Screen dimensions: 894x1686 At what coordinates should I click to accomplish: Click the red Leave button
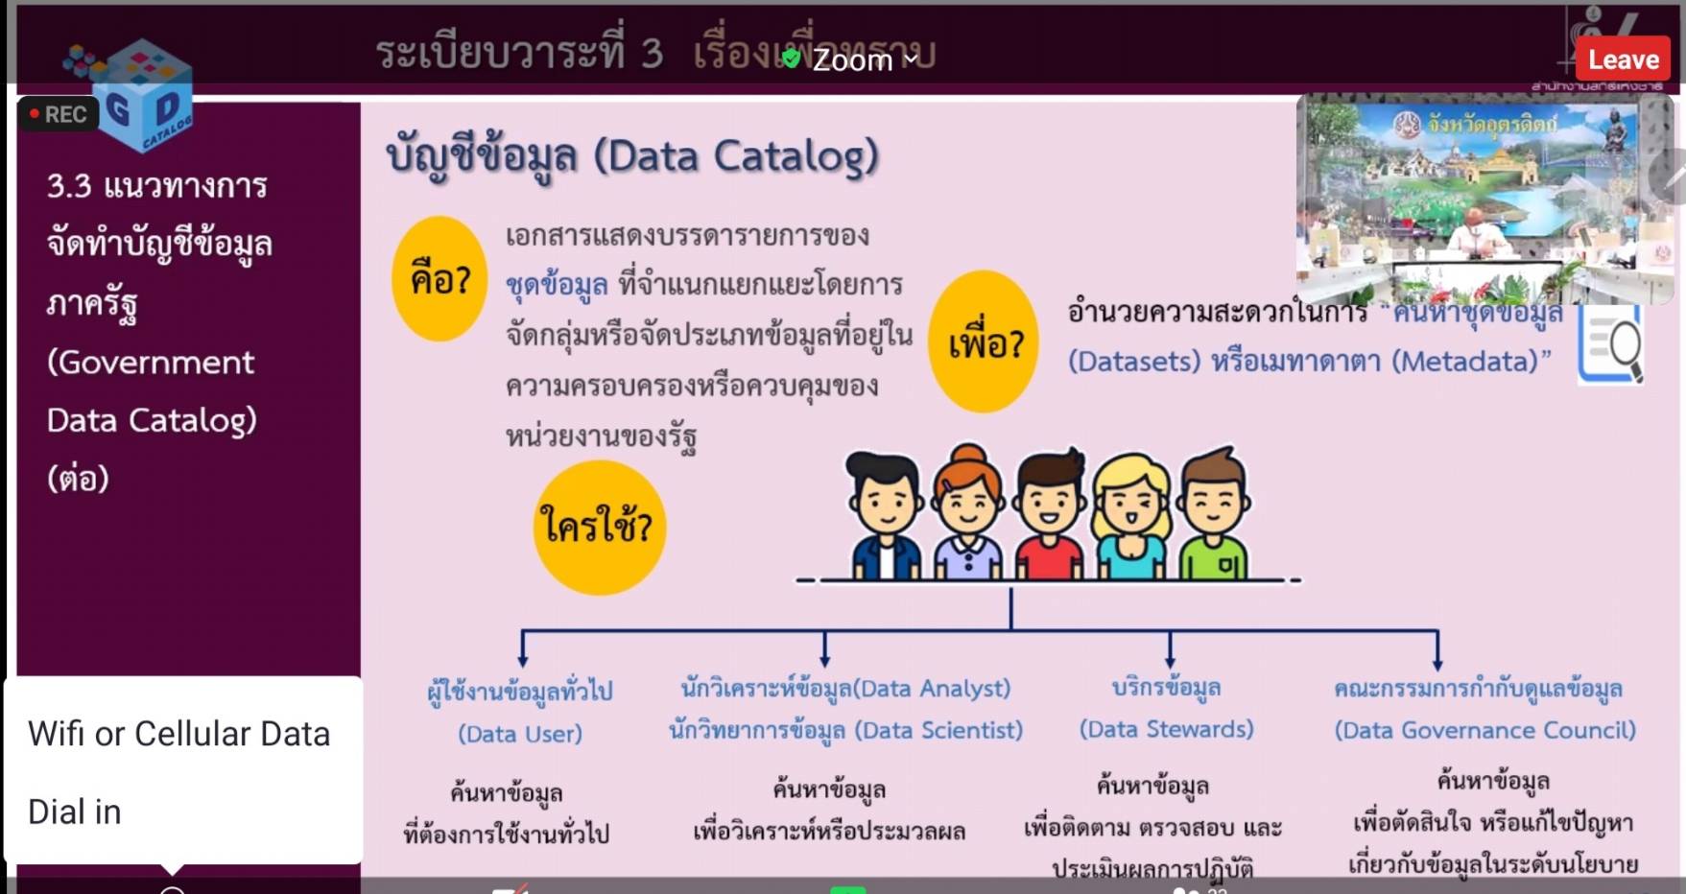pos(1623,59)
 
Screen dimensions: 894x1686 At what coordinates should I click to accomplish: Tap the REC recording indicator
pos(58,114)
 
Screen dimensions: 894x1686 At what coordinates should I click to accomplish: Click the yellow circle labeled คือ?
pos(439,279)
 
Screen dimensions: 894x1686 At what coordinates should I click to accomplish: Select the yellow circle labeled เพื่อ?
pos(985,342)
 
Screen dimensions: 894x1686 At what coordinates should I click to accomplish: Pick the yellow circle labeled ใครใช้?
pos(599,527)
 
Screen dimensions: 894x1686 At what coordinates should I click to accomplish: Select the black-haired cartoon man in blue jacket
pos(885,518)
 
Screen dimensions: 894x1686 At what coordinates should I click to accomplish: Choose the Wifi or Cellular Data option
pos(179,734)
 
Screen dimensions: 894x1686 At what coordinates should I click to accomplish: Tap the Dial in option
pos(75,812)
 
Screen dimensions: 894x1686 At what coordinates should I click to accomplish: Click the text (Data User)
pos(520,734)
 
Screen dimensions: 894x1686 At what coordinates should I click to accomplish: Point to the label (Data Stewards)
pos(1167,729)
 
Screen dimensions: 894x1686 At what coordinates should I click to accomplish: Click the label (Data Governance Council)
pos(1484,730)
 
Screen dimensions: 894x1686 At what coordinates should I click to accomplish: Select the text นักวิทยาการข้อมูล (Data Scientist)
pos(845,730)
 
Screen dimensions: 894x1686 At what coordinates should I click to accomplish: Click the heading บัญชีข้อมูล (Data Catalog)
pos(632,156)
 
